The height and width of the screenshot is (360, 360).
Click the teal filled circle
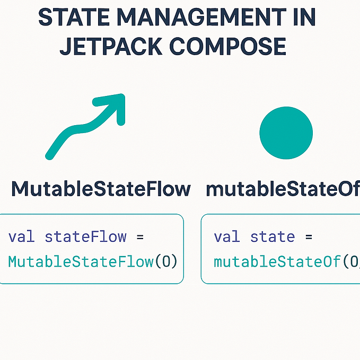(x=286, y=133)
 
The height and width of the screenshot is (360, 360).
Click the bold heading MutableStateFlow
(x=101, y=189)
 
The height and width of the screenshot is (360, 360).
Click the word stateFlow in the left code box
(x=85, y=236)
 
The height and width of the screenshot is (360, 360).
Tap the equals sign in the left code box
(x=141, y=236)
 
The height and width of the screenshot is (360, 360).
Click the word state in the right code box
(x=272, y=236)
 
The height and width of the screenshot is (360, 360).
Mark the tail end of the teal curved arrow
(x=49, y=155)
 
